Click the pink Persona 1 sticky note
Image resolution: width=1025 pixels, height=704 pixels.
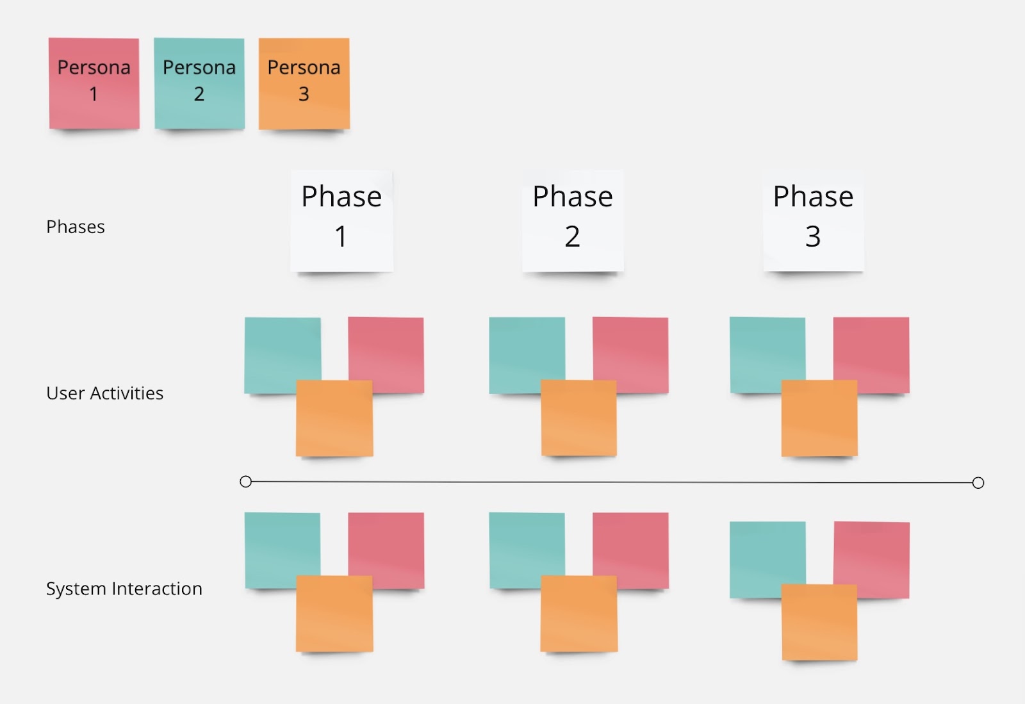[x=94, y=83]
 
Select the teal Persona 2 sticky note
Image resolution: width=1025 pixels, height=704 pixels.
[x=199, y=83]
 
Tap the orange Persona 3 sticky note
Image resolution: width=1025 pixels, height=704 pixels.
[x=304, y=83]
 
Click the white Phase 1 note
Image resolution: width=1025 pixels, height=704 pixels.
[x=342, y=222]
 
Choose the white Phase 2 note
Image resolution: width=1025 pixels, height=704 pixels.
[x=573, y=222]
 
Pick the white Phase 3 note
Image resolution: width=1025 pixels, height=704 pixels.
[x=814, y=222]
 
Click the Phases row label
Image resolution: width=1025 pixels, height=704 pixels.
[x=76, y=227]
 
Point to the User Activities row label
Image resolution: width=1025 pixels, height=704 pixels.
[x=105, y=393]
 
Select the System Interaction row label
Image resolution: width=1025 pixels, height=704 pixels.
[x=124, y=589]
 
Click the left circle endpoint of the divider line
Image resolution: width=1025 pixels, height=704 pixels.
[x=246, y=481]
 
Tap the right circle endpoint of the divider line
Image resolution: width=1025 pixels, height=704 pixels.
[x=978, y=482]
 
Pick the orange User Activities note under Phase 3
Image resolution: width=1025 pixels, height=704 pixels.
[x=819, y=418]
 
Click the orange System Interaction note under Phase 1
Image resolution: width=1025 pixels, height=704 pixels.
[x=334, y=614]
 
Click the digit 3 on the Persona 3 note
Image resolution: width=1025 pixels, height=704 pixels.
[x=304, y=94]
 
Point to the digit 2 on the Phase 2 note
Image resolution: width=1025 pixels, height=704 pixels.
[x=573, y=236]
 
